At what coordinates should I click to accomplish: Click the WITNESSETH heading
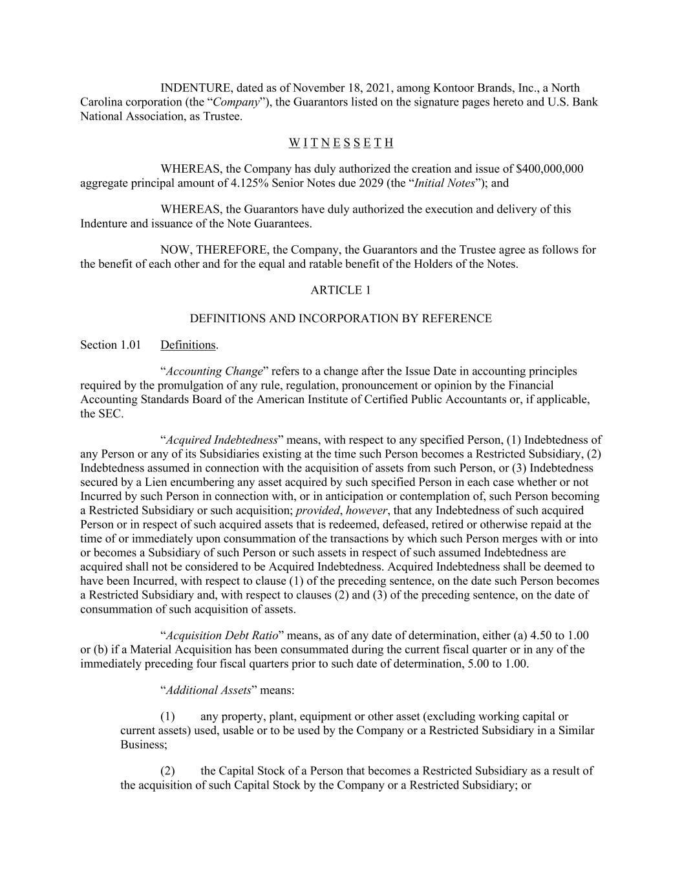point(341,142)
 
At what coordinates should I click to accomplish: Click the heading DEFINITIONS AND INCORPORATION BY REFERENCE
point(341,318)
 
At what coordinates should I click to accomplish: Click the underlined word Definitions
point(188,345)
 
